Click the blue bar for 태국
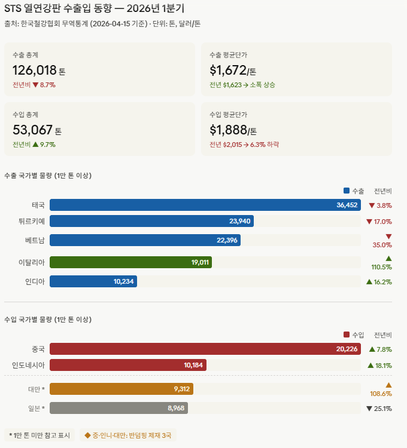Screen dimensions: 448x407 coord(205,205)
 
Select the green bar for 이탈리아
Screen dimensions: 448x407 coord(130,262)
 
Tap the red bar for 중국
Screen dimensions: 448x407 coord(205,349)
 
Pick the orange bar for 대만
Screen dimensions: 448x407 coord(121,389)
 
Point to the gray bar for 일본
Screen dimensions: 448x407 coord(119,408)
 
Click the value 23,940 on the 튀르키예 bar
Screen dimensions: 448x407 coord(239,221)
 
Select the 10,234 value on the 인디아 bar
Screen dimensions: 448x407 coord(124,281)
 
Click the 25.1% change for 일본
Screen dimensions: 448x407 coord(382,409)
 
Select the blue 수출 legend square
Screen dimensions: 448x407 coord(347,191)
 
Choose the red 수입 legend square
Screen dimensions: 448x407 coord(347,335)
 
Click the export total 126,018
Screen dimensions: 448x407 coord(34,70)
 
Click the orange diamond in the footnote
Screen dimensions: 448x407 coord(87,435)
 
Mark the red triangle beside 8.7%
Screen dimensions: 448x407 coord(35,85)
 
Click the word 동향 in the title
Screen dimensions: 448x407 coord(103,8)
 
